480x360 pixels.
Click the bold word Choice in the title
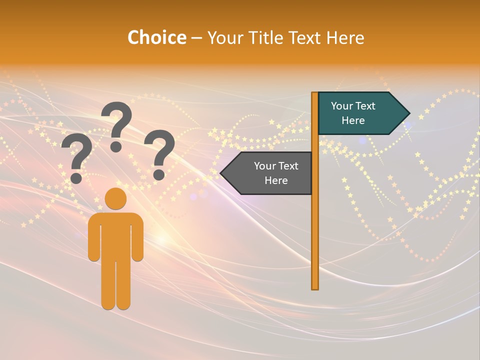(156, 37)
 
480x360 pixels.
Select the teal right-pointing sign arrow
(357, 113)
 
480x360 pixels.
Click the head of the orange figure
(115, 198)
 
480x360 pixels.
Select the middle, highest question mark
(117, 125)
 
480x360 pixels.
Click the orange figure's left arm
(93, 240)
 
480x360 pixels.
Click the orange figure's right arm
(138, 240)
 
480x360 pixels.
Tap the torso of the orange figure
(115, 235)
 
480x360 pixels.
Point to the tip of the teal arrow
(408, 113)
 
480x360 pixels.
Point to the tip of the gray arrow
(221, 173)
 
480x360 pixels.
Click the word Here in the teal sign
(353, 120)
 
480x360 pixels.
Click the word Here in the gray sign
(276, 180)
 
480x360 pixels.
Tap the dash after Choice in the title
(196, 38)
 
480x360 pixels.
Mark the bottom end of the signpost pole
(315, 288)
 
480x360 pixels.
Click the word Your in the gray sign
(265, 166)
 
